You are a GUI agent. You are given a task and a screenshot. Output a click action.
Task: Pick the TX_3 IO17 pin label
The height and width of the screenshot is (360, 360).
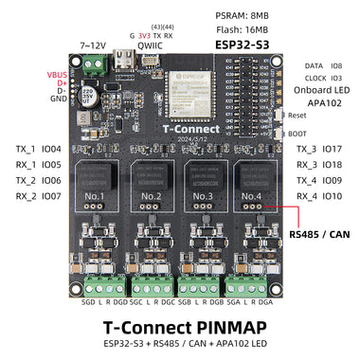pyautogui.click(x=319, y=149)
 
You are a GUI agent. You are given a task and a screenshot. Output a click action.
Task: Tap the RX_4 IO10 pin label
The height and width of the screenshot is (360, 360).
pyautogui.click(x=319, y=196)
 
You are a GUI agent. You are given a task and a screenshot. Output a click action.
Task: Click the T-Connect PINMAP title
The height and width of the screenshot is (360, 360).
pyautogui.click(x=179, y=324)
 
